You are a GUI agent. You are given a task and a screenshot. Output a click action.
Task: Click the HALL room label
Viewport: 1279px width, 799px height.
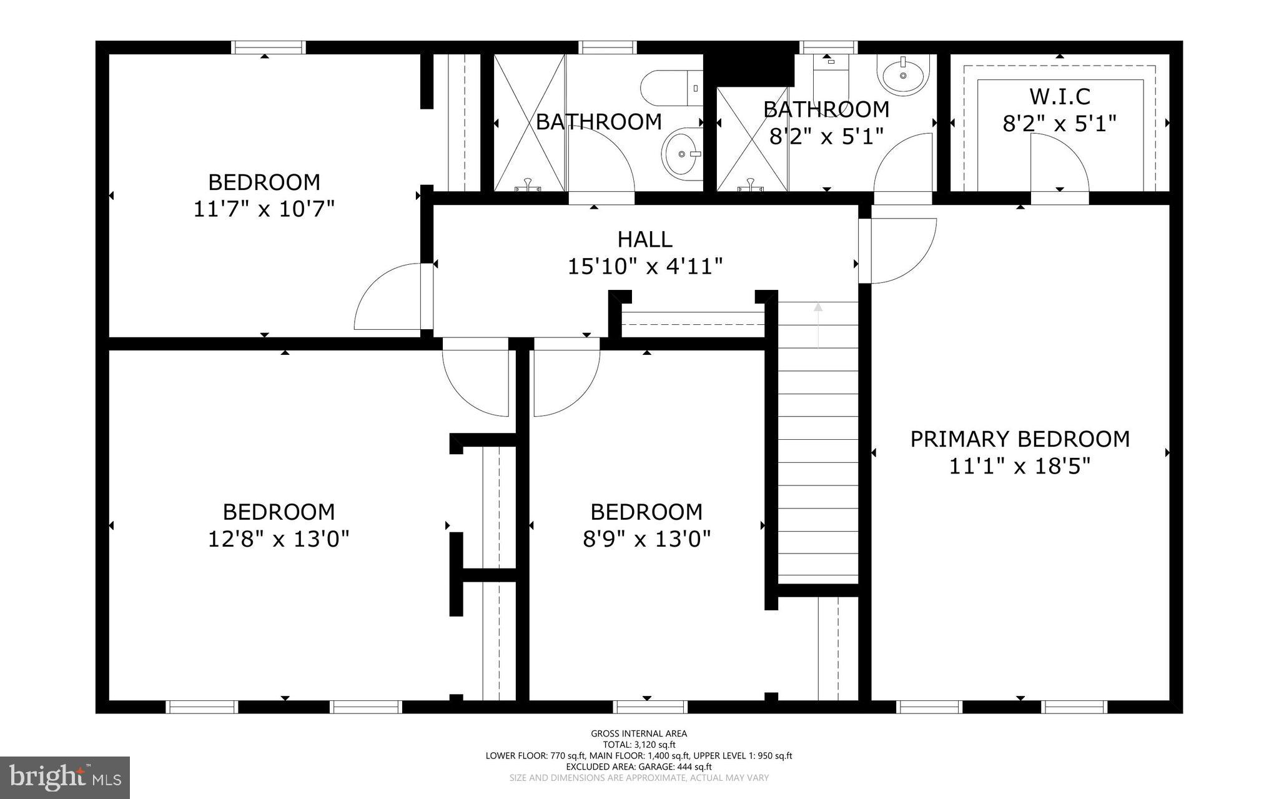point(644,239)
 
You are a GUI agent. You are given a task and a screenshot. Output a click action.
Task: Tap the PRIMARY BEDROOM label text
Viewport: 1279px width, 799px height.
point(1019,439)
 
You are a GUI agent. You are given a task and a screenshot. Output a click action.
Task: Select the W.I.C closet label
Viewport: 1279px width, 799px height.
point(1059,97)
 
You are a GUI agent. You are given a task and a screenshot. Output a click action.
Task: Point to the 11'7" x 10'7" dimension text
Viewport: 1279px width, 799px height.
point(264,209)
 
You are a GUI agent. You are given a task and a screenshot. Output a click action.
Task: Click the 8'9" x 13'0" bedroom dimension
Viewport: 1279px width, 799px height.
point(646,538)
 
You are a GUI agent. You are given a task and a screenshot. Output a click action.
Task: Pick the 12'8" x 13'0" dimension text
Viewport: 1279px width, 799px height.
point(278,538)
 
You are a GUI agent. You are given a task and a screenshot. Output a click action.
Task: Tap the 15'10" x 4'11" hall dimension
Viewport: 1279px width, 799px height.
point(644,267)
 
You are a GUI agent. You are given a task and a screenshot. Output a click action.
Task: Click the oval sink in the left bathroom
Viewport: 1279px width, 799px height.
point(681,153)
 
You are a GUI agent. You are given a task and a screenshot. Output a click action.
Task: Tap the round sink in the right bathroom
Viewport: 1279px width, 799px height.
point(903,74)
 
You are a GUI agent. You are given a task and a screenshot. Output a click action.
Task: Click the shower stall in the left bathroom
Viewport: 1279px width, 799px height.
point(530,122)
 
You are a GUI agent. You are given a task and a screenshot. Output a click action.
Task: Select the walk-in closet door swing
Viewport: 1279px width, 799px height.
point(1059,164)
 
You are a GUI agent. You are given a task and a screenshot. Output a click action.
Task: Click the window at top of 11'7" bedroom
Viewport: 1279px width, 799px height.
point(268,47)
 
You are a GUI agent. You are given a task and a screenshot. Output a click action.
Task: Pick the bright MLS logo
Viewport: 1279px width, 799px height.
point(65,777)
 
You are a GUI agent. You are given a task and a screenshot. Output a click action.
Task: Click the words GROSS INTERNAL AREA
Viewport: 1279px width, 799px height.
point(639,733)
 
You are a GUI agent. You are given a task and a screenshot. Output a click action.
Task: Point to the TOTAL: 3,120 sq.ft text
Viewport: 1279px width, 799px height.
point(639,745)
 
